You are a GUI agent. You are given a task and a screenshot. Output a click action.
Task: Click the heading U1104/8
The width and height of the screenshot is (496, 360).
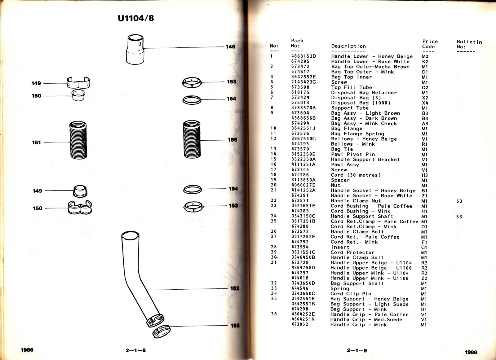coord(136,18)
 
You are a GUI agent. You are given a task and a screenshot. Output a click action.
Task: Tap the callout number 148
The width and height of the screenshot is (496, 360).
coord(230,47)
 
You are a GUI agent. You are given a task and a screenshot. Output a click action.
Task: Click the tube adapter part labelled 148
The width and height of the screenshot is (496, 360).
coord(135,49)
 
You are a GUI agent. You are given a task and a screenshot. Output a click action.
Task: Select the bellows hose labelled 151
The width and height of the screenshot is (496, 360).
coord(78,140)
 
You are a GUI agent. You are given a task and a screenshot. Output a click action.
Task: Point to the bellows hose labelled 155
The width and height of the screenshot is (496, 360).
coord(192,139)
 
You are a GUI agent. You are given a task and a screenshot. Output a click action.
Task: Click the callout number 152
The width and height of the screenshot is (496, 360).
coord(235,288)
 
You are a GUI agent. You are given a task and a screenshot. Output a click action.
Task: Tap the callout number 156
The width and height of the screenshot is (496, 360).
coord(235,326)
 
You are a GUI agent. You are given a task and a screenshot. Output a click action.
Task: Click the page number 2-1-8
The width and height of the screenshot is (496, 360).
coord(135,350)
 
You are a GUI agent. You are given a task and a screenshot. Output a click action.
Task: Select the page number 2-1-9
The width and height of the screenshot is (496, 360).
coord(357,350)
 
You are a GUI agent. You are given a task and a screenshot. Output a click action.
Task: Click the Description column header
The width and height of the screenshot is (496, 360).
coord(348,46)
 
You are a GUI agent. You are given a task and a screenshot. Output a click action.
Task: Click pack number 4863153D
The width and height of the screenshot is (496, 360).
coord(303,56)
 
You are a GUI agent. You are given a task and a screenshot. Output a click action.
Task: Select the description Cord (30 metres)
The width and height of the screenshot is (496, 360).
coord(356,175)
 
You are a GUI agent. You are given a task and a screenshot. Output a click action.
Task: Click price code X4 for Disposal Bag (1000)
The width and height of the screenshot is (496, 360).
coord(425,103)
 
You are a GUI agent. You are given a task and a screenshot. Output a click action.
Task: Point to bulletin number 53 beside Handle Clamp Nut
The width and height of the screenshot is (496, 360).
coord(459,201)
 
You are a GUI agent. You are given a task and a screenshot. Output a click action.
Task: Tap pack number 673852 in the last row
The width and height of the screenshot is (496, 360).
coord(300,324)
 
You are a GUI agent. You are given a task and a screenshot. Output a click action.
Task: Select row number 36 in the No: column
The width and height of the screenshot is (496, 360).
coord(274,314)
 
